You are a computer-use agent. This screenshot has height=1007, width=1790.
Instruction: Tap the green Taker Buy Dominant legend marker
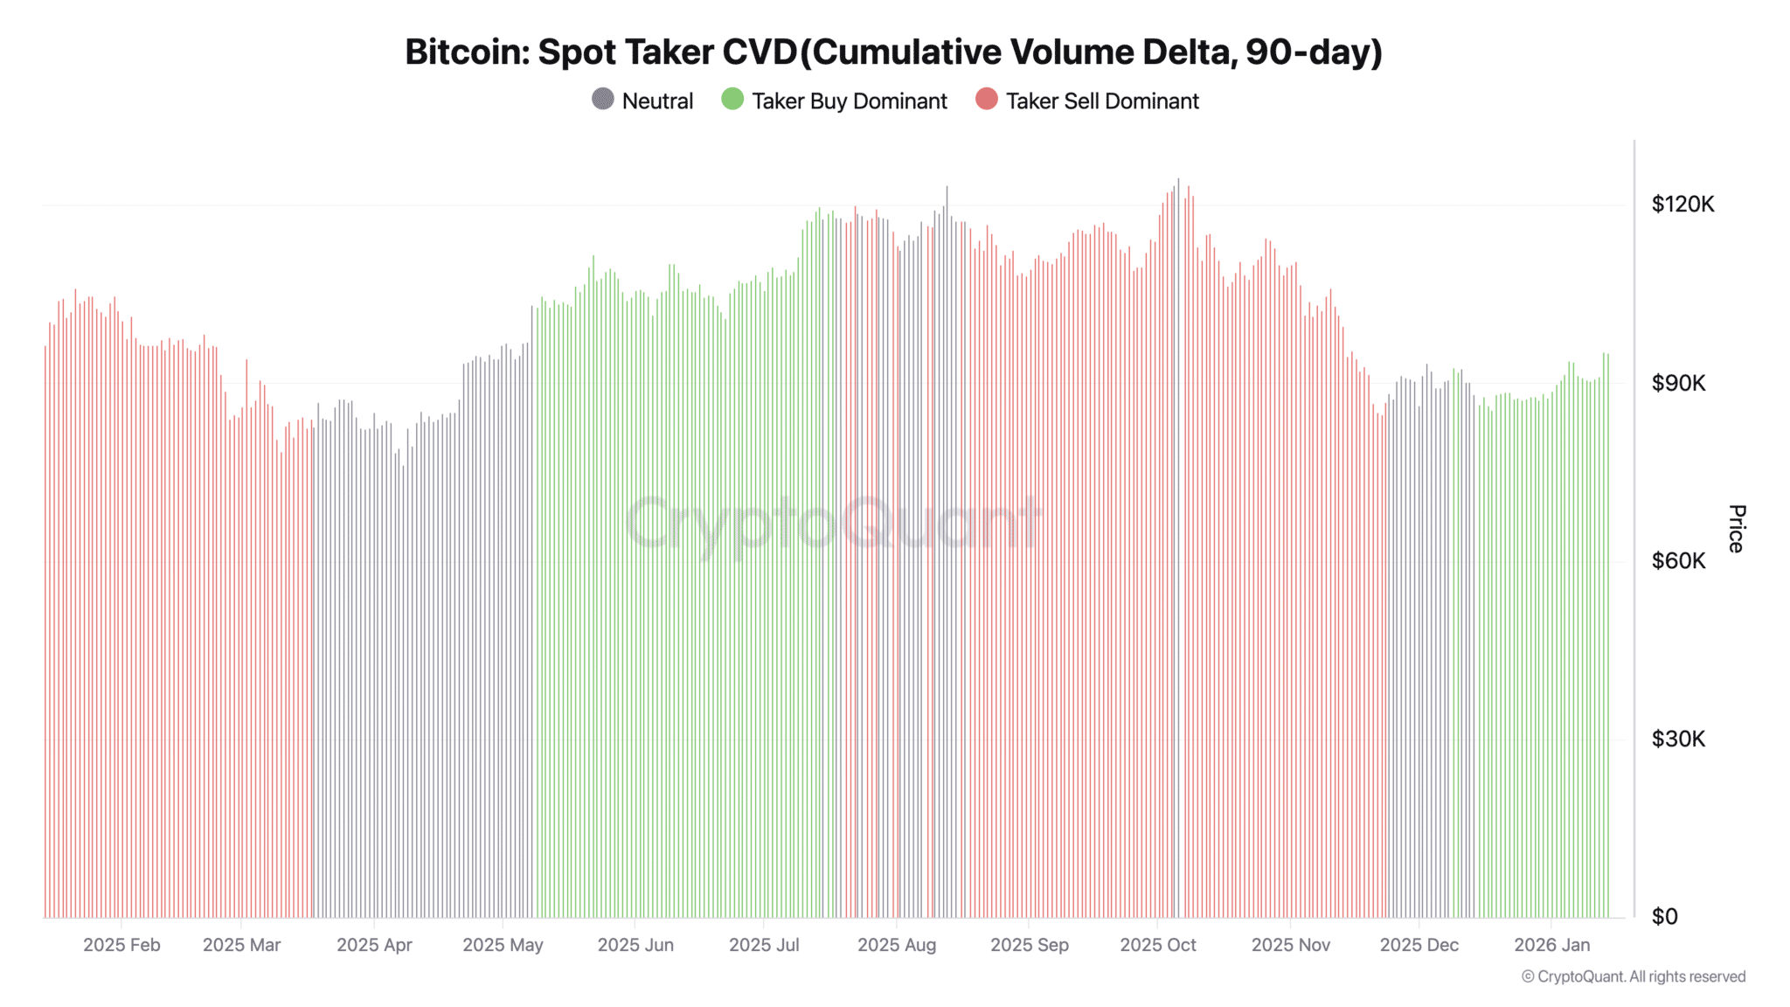pos(732,100)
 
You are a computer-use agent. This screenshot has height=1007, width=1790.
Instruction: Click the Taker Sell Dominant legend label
pos(1101,101)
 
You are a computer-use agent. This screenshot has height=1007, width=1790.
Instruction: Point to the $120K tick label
pos(1682,205)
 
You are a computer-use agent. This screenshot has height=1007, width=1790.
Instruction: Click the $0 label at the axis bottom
pos(1664,917)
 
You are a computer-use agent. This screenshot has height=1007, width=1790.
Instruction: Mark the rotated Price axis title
pos(1737,528)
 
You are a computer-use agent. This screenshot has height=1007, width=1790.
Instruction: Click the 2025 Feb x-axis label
pos(121,945)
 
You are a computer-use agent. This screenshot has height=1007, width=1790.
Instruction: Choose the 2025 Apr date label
pos(374,945)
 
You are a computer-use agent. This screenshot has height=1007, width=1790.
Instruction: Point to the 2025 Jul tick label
pos(764,945)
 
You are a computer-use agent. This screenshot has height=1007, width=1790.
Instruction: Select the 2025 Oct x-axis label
pos(1157,945)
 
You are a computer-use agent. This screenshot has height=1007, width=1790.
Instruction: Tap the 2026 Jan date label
pos(1551,945)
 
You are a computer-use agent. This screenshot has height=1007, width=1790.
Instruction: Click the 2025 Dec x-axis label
pos(1419,945)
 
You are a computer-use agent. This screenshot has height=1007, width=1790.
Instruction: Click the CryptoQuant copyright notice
pos(1633,977)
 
